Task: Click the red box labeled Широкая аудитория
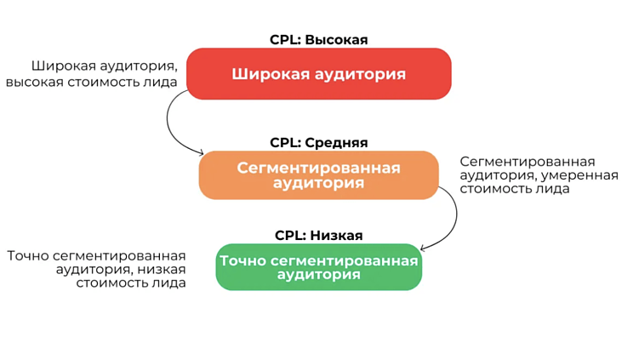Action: [x=318, y=74]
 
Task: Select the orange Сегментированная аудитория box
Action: [x=318, y=174]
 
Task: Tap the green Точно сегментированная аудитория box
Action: [x=318, y=267]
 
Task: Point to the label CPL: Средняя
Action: [x=318, y=142]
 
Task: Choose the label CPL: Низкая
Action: [x=318, y=235]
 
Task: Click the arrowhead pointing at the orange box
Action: [x=201, y=152]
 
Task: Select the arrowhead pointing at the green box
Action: [x=424, y=249]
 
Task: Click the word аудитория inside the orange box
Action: [x=318, y=183]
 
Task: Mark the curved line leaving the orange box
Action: [x=451, y=217]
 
